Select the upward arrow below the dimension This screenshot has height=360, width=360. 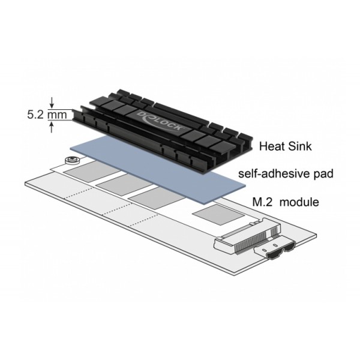click(x=53, y=125)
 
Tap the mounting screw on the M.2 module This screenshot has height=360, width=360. click(x=71, y=161)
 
